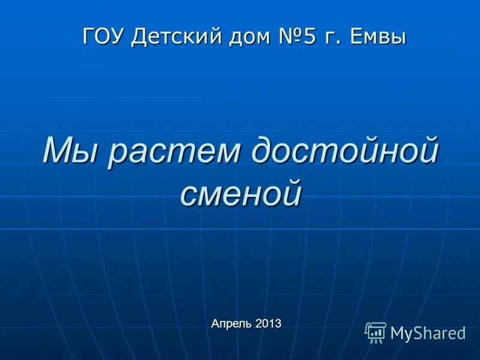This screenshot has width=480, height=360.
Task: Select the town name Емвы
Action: (x=376, y=36)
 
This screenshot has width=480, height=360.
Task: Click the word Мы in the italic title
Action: (x=68, y=151)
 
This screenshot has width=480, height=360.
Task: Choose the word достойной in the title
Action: (x=345, y=151)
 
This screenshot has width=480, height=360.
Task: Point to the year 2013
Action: (x=268, y=324)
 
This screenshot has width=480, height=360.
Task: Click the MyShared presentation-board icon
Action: (x=376, y=332)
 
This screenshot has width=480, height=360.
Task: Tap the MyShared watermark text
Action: (x=428, y=333)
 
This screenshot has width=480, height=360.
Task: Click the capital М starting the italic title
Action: (x=59, y=151)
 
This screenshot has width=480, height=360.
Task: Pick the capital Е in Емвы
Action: (x=352, y=36)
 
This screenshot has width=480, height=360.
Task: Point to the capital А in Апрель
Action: (x=215, y=323)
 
